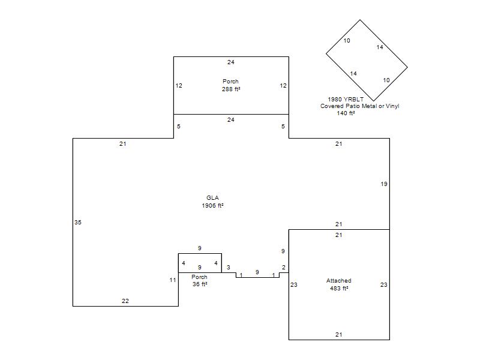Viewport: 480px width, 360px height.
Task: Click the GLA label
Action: [212, 198]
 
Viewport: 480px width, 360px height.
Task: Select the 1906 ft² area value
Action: [212, 205]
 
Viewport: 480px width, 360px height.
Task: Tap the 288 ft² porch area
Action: [231, 89]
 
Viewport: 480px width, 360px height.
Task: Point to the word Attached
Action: [338, 280]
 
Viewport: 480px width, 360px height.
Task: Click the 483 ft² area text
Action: [339, 289]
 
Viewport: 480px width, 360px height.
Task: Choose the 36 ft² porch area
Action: [200, 284]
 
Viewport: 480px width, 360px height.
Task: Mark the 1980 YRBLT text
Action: [346, 99]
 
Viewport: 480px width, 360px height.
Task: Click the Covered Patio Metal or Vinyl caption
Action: [359, 106]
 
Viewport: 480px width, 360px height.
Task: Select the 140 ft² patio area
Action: [346, 113]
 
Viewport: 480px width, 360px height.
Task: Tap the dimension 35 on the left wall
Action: [78, 222]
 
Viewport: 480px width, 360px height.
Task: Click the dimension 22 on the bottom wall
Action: [125, 301]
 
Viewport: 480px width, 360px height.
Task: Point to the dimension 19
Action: [384, 184]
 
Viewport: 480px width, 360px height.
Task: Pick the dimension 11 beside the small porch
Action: [173, 280]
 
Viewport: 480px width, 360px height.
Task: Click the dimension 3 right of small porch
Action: [229, 268]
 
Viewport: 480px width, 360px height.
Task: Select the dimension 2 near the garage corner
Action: [284, 268]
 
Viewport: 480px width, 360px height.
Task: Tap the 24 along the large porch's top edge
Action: [231, 62]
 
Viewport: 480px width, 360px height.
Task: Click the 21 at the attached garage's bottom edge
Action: [338, 335]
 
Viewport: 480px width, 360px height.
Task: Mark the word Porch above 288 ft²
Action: [230, 82]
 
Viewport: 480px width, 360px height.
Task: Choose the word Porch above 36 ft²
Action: [199, 277]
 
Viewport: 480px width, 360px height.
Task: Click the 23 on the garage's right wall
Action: [384, 284]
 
